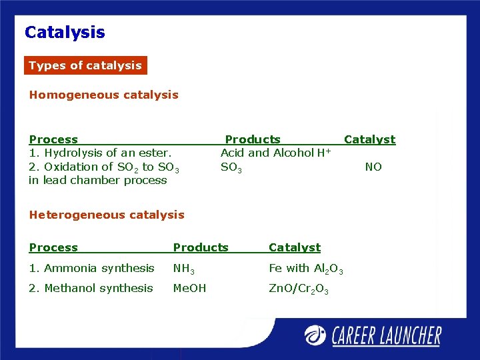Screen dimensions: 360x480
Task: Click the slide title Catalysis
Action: click(65, 32)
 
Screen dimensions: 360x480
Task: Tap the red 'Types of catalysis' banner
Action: click(85, 65)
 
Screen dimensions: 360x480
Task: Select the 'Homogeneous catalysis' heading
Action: click(103, 95)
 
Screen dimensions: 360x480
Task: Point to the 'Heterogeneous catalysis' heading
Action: click(107, 215)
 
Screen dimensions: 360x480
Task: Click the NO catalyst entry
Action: click(373, 167)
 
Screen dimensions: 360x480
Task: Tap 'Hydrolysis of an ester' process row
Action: click(101, 153)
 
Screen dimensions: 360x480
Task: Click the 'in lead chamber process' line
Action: click(98, 180)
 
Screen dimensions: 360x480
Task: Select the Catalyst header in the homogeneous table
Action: click(369, 139)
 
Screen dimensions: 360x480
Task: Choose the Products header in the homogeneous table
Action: click(253, 139)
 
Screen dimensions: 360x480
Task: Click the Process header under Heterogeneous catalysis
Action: click(53, 247)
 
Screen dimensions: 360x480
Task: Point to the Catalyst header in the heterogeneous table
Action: click(295, 247)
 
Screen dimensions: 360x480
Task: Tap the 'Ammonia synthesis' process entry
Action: click(91, 268)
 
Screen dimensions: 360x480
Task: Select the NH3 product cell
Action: click(183, 269)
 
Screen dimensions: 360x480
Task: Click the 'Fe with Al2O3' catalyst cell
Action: click(305, 269)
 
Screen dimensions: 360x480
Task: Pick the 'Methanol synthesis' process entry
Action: click(91, 288)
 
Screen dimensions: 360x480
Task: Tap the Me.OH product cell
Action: click(189, 288)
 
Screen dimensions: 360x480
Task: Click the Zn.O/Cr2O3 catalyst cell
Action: click(298, 289)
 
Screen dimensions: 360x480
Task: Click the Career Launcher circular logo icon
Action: click(315, 335)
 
